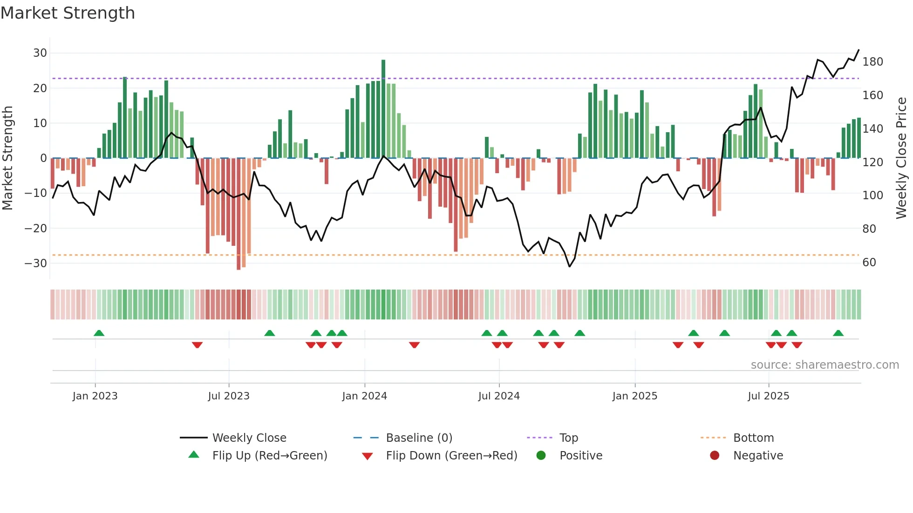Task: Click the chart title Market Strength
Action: (x=68, y=13)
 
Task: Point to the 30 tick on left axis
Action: (x=40, y=53)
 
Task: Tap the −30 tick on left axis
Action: (x=36, y=263)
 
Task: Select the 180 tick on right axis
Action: (x=872, y=62)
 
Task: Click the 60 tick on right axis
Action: (x=869, y=263)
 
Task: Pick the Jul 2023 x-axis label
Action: (x=229, y=396)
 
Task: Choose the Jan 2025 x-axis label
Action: (x=634, y=396)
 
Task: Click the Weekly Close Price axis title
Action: (x=901, y=158)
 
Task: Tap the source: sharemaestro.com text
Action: (x=824, y=365)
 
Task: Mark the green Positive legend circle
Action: (x=541, y=456)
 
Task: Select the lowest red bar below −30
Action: (x=238, y=214)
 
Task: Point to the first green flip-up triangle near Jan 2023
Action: (x=99, y=333)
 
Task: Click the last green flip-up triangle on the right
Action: (x=838, y=333)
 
